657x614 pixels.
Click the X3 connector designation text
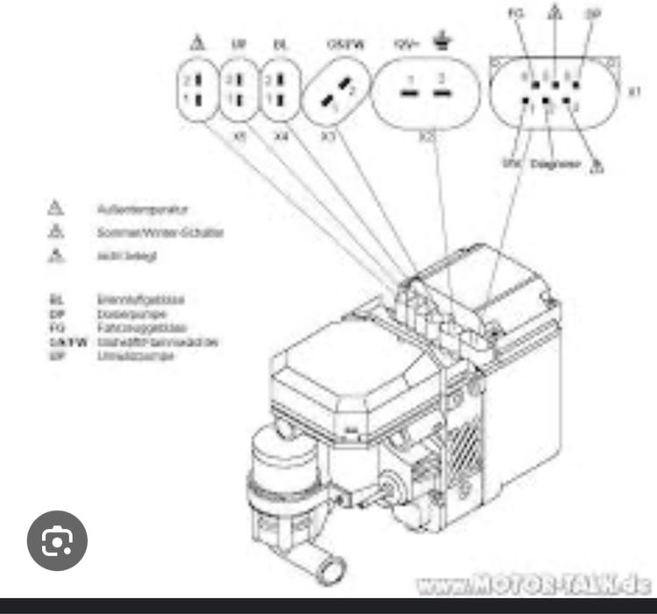tap(328, 137)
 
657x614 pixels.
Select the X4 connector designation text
tap(281, 137)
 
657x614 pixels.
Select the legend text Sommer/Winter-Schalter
tap(160, 232)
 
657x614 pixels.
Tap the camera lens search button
tap(57, 541)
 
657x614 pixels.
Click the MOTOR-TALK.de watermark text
tap(534, 583)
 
